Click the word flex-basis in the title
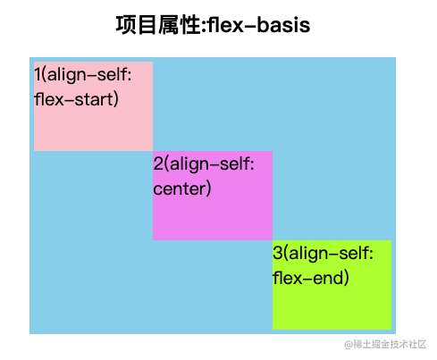[x=259, y=25]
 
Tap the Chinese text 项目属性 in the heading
[x=157, y=25]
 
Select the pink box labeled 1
[x=93, y=106]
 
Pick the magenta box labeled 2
[x=213, y=196]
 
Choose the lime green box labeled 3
[x=332, y=285]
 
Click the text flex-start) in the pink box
[x=76, y=99]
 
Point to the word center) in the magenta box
[x=182, y=188]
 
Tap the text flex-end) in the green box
[x=310, y=278]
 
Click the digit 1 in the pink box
[x=38, y=74]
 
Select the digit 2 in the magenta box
[x=158, y=163]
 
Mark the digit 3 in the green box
[x=277, y=253]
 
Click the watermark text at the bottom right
[x=385, y=344]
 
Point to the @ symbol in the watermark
[x=349, y=345]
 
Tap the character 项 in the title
[x=126, y=25]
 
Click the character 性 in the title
[x=189, y=25]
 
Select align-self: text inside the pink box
[x=89, y=74]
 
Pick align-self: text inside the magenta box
[x=212, y=164]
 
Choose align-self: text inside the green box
[x=331, y=254]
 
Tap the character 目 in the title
[x=147, y=25]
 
